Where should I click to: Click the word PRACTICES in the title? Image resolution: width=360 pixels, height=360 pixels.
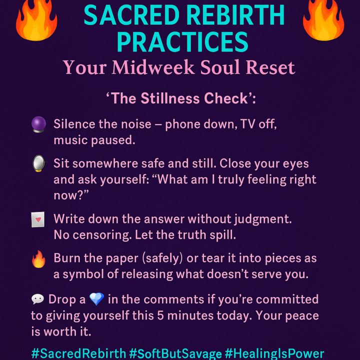[183, 42]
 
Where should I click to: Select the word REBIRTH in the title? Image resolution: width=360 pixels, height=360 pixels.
[235, 15]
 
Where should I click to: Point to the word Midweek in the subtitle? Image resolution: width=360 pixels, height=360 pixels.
[153, 67]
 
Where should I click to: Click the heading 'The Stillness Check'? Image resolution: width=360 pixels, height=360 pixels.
[180, 98]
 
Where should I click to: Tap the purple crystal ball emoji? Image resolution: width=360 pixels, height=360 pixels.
[38, 124]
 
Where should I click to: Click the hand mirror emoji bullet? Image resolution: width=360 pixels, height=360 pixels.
[38, 163]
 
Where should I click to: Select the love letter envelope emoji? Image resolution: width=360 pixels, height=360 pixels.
[38, 219]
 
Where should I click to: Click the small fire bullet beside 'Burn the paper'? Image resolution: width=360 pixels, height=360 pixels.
[38, 259]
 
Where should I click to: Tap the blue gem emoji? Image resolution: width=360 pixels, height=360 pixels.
[96, 299]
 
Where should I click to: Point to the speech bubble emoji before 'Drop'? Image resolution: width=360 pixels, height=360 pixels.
[37, 299]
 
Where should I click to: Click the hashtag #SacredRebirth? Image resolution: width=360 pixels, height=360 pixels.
[78, 353]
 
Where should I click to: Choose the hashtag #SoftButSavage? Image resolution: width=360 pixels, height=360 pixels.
[175, 353]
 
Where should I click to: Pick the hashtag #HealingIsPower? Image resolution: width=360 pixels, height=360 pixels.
[274, 353]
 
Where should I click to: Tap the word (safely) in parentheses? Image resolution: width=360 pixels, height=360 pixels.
[162, 258]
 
